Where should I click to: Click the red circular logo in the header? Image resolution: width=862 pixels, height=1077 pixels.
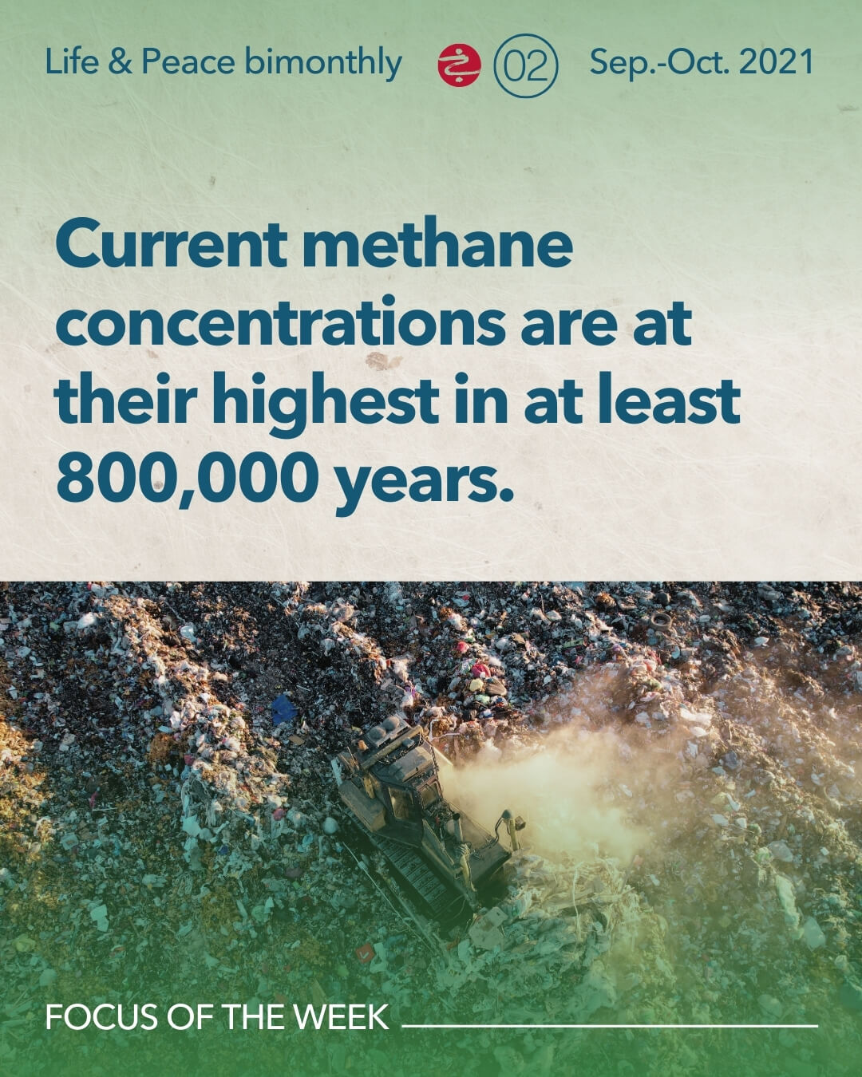pos(459,65)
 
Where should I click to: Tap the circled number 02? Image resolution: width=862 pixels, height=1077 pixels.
pos(525,65)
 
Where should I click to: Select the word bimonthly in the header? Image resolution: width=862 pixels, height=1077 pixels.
pos(323,64)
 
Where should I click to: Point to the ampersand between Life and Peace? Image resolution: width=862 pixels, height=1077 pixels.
pos(121,62)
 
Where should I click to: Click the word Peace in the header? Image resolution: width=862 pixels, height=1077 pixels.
pos(188,62)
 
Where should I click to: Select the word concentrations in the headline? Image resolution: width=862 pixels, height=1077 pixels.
pos(280,322)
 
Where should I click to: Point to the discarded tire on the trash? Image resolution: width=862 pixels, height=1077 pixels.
pos(661,622)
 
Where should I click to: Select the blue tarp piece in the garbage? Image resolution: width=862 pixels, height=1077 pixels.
pos(284,708)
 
